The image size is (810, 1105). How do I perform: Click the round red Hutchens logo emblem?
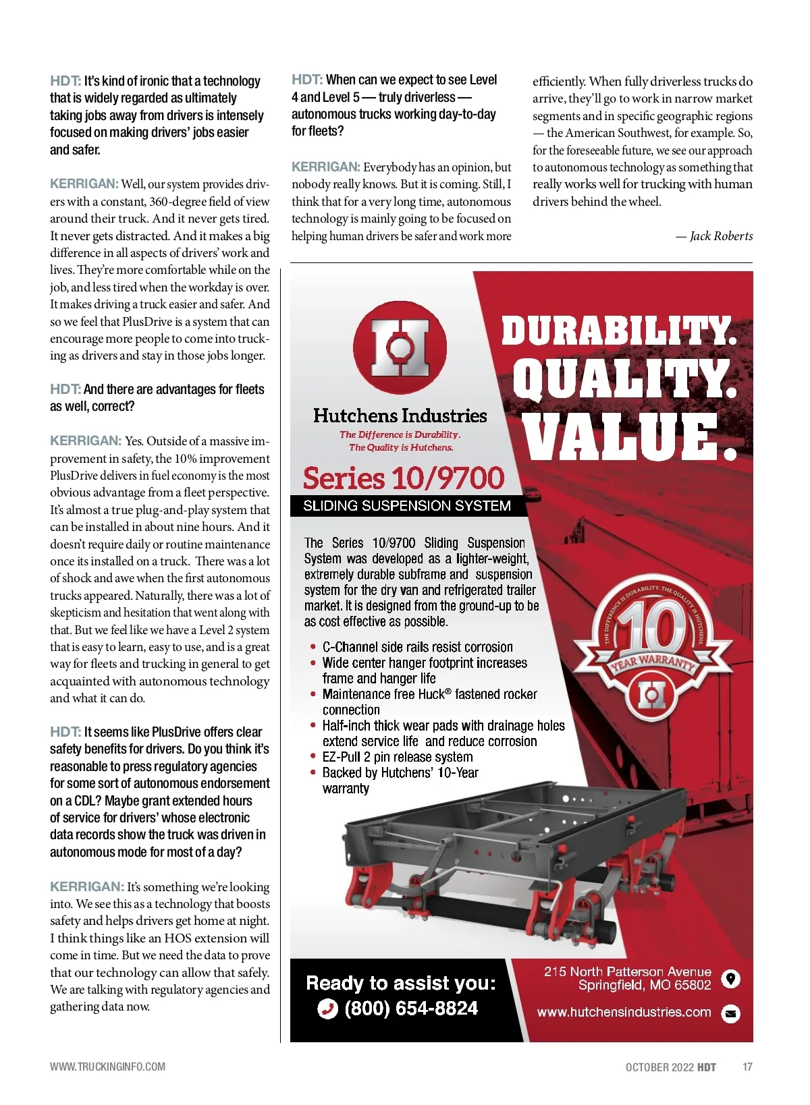[x=400, y=348]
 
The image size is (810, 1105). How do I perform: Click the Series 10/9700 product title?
[x=404, y=478]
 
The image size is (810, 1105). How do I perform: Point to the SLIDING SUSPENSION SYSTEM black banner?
[x=407, y=506]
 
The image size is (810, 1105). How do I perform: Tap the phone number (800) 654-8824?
[x=410, y=1009]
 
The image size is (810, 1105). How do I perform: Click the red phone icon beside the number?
[x=327, y=1009]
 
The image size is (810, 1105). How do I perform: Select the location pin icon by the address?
[x=730, y=978]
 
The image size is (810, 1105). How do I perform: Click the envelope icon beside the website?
[x=730, y=1013]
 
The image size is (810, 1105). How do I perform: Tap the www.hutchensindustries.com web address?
[x=624, y=1012]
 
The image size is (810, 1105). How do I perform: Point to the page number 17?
[x=747, y=1067]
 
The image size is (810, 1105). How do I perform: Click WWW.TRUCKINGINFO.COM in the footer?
[x=107, y=1067]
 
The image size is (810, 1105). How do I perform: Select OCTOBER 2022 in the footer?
[x=659, y=1067]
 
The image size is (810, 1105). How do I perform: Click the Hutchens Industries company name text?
[x=400, y=416]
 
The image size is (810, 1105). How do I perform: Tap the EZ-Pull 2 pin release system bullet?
[x=398, y=757]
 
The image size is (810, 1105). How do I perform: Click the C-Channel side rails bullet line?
[x=417, y=647]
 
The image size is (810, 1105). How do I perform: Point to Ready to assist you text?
[x=400, y=983]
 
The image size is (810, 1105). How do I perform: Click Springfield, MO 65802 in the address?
[x=645, y=986]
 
